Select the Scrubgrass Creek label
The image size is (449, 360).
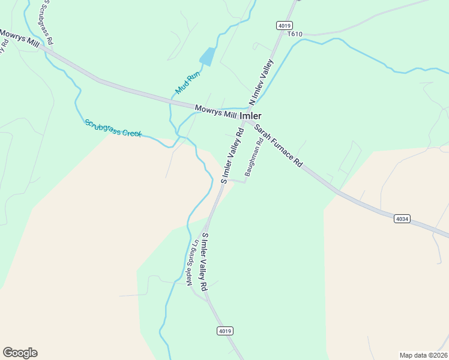[x=113, y=128]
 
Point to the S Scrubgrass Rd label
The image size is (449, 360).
[x=46, y=23]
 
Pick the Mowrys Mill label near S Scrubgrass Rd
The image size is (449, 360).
[x=19, y=37]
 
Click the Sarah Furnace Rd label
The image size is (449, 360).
[x=278, y=146]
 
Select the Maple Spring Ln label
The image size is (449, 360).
[x=193, y=263]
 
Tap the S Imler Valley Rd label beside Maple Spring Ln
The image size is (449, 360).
[x=205, y=262]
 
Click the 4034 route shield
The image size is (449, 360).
[x=402, y=219]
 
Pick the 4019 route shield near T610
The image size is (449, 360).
[x=285, y=25]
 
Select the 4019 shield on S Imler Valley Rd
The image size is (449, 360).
[x=224, y=331]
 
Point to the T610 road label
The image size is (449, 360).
[x=295, y=34]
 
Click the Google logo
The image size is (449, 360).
[x=20, y=353]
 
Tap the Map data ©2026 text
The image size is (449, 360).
[x=424, y=355]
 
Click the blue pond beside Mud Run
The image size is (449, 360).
[x=207, y=56]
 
